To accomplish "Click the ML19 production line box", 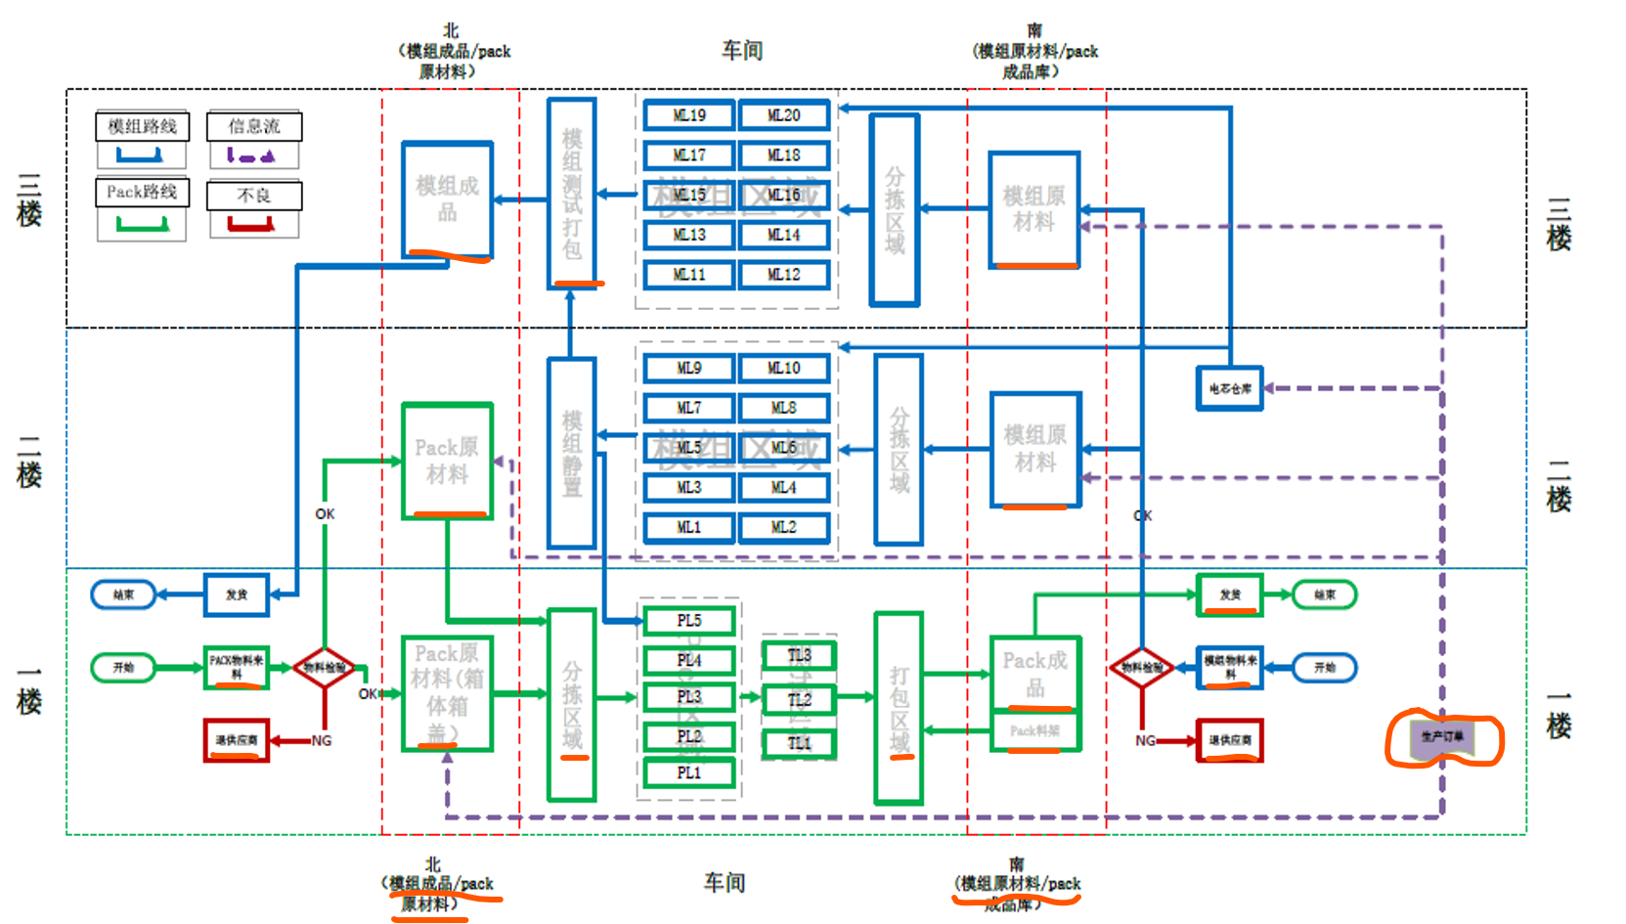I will coord(688,115).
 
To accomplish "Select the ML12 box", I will coord(783,275).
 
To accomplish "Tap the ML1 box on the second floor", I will coord(688,528).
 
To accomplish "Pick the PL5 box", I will coord(688,621).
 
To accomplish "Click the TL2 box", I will coord(799,699).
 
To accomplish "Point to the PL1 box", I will coord(688,772).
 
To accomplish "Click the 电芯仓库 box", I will coord(1229,388).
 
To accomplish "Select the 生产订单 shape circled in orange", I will coord(1442,737).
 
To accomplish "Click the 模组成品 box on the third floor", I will coord(447,199).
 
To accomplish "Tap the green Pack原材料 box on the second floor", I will coord(447,461).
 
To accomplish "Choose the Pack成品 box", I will coord(1034,673).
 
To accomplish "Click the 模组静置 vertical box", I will coord(572,453).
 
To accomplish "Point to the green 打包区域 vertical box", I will coord(899,708).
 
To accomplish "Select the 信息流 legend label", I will coord(254,126).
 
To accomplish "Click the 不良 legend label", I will coord(254,196).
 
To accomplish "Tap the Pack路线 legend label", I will coord(142,193).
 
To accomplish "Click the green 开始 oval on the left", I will coord(123,668).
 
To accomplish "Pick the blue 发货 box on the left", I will coord(236,594).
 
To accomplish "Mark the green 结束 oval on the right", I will coord(1324,594).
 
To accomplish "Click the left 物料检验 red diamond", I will coord(324,668).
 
